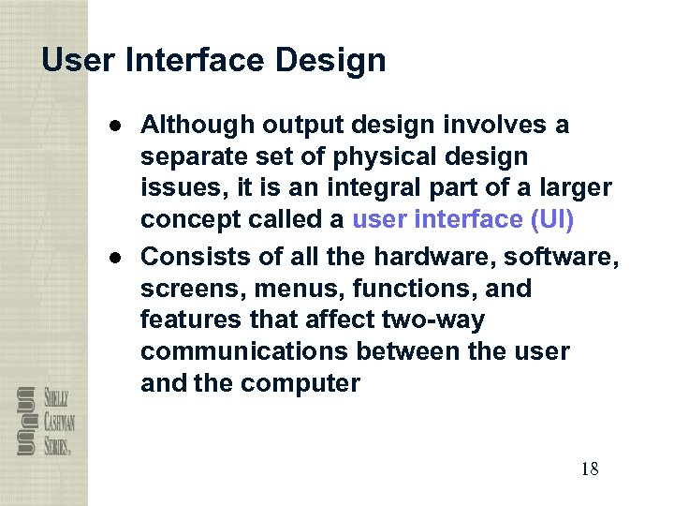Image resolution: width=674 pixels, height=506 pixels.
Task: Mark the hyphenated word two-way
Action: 433,320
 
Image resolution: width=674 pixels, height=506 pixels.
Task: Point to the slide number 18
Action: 589,469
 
